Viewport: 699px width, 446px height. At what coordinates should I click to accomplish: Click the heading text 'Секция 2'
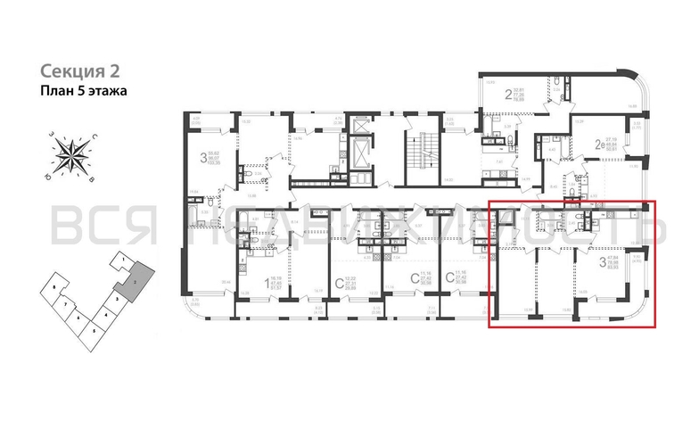click(x=79, y=70)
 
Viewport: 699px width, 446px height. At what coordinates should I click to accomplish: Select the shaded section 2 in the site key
click(x=136, y=283)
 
